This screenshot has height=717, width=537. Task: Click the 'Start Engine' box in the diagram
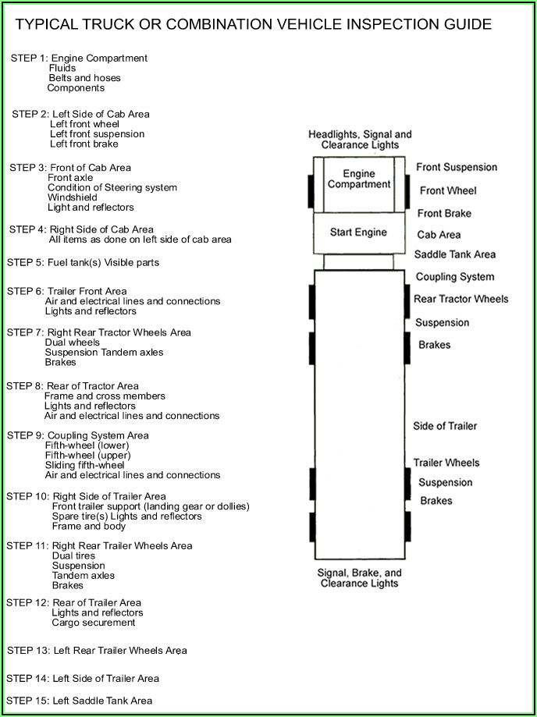[x=358, y=232]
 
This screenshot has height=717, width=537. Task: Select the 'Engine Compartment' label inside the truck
[x=358, y=179]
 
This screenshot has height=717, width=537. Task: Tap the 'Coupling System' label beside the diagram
[x=454, y=277]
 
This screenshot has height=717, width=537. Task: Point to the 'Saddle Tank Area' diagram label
[x=454, y=254]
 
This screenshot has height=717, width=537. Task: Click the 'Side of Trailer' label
[x=444, y=426]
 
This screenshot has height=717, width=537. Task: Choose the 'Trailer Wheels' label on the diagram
[x=446, y=463]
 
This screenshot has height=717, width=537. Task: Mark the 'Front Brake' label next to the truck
[x=444, y=213]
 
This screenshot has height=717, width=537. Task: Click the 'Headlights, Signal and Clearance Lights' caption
[x=360, y=140]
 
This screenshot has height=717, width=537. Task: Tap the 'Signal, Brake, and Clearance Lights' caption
[x=359, y=577]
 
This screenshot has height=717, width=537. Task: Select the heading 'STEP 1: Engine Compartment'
[x=79, y=59]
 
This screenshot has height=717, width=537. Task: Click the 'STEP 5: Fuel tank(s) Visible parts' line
[x=83, y=263]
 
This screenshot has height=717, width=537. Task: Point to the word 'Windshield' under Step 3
[x=73, y=198]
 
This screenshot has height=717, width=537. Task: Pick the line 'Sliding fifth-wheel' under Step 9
[x=84, y=465]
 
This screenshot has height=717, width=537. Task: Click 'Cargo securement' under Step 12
[x=93, y=623]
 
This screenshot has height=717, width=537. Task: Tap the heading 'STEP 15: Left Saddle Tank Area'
[x=79, y=701]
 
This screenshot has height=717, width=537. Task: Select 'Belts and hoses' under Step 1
[x=84, y=79]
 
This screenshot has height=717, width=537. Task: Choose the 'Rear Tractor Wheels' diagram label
[x=461, y=299]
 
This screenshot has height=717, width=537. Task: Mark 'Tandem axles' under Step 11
[x=83, y=576]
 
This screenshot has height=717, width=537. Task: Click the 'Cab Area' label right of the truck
[x=439, y=235]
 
